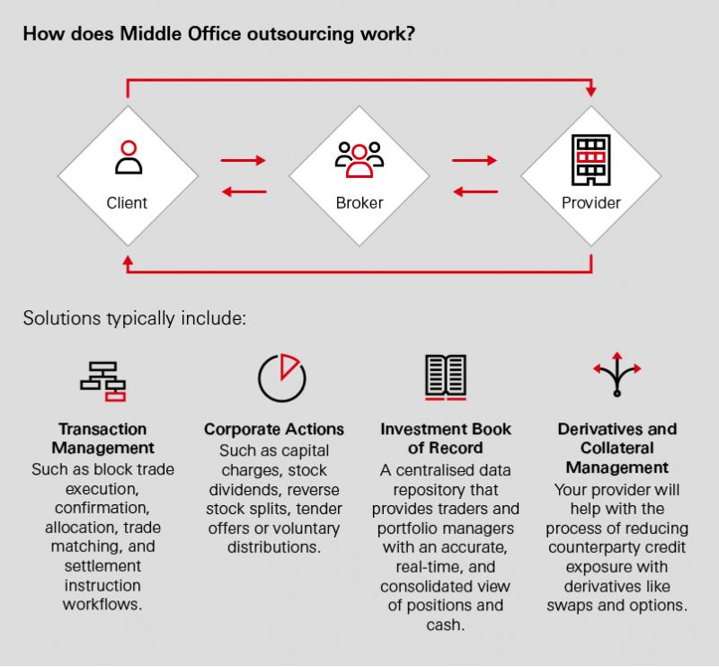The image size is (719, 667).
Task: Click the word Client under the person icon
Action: click(127, 203)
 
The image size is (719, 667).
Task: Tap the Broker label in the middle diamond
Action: click(359, 203)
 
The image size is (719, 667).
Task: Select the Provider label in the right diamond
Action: click(591, 203)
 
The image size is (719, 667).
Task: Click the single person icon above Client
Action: click(129, 157)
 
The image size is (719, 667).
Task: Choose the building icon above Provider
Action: click(591, 160)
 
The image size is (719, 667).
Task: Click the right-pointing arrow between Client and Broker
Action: click(243, 160)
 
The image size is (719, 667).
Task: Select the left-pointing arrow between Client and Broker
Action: click(244, 191)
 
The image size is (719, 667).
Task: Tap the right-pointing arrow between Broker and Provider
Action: click(475, 160)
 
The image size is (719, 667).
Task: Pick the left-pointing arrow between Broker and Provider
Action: click(475, 191)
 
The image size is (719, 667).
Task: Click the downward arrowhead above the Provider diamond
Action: click(591, 91)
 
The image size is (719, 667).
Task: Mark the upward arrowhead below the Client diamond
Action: click(128, 261)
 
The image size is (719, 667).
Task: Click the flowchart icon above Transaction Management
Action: click(103, 382)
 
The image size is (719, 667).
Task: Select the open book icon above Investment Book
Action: click(446, 377)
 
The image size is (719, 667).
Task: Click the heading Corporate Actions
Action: click(274, 430)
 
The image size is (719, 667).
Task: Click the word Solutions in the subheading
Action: click(62, 318)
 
